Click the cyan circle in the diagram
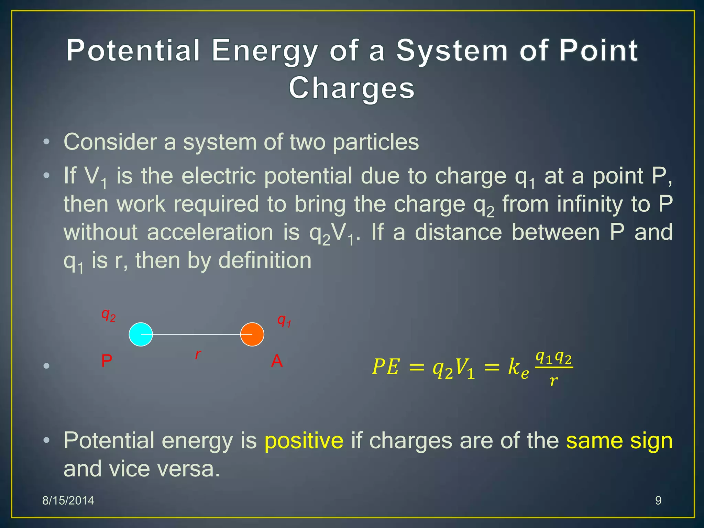(x=141, y=334)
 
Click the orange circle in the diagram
(x=252, y=334)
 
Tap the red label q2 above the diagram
(x=108, y=315)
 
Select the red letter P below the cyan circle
(x=107, y=361)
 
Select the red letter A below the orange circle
(x=277, y=361)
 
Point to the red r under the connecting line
(x=198, y=354)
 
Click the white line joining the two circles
(x=196, y=334)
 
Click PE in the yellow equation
(x=386, y=367)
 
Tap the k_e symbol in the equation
(x=518, y=368)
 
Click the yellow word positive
(x=304, y=441)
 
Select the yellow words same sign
(x=619, y=441)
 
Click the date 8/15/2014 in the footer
(x=68, y=500)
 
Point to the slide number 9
(x=658, y=500)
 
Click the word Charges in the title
(x=352, y=88)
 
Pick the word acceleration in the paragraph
(x=210, y=232)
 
